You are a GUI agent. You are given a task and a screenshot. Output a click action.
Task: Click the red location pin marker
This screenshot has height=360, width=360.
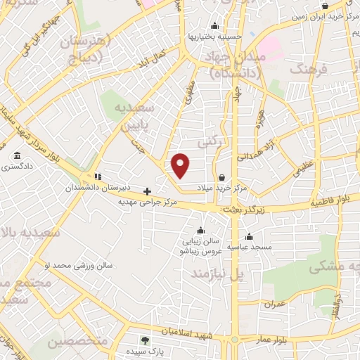click(x=181, y=164)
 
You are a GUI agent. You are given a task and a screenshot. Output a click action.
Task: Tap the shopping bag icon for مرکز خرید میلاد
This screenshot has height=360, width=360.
click(x=223, y=177)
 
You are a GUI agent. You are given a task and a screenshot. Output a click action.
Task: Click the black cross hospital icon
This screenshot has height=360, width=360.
click(x=147, y=191)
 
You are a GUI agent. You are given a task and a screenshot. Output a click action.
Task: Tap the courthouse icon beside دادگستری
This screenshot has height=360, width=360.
click(x=15, y=155)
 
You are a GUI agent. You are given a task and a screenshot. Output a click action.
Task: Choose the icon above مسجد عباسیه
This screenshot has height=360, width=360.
click(x=247, y=237)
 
